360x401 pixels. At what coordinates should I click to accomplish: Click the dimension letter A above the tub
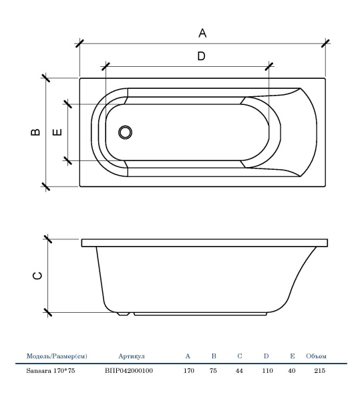coord(202,33)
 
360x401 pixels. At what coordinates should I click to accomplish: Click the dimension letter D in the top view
coord(201,56)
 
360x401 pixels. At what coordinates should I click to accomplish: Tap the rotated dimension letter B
coord(35,132)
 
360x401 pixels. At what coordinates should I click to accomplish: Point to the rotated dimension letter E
coord(57,132)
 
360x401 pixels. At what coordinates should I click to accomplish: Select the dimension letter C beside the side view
coord(37,275)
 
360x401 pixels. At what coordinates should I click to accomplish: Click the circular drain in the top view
coord(125,132)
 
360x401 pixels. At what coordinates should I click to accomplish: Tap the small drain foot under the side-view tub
coord(124,313)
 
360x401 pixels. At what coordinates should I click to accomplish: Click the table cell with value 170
coord(189,370)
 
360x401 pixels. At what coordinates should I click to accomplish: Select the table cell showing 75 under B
coord(213,370)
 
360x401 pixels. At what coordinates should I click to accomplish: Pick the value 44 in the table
coord(239,370)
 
